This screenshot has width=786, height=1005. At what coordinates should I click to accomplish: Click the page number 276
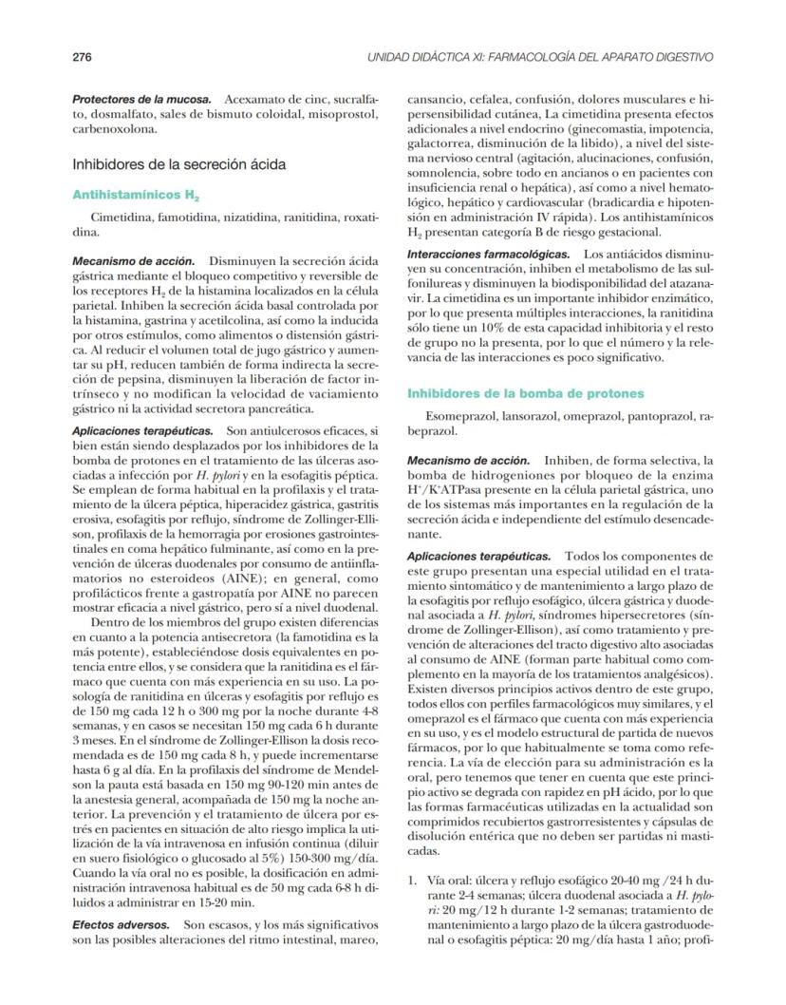(82, 57)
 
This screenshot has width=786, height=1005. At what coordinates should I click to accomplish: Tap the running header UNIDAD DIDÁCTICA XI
(539, 57)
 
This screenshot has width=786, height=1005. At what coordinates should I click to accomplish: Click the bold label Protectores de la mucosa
(143, 100)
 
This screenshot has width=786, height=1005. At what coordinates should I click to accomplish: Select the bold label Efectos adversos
(122, 923)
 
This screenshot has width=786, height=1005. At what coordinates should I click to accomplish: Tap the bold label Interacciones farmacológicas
(489, 255)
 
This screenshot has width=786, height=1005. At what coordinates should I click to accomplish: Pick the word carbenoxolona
(111, 128)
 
